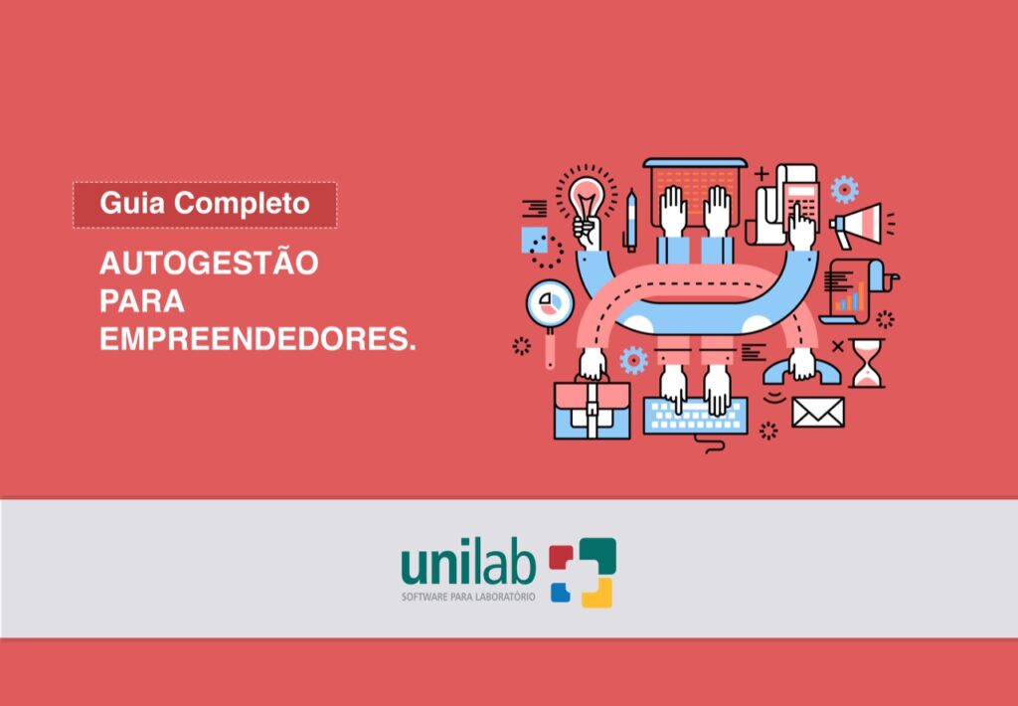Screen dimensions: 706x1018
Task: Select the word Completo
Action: tap(243, 205)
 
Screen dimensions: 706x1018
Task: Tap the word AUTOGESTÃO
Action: tap(209, 264)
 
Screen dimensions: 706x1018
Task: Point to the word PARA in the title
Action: tap(142, 301)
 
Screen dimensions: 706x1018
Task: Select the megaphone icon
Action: tap(857, 223)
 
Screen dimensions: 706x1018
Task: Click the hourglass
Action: tap(867, 362)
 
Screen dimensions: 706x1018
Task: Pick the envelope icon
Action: tap(817, 412)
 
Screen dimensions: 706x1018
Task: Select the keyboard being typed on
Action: tap(695, 416)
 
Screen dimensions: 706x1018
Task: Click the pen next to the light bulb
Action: tap(630, 220)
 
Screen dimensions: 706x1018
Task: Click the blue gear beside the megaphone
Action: tap(844, 188)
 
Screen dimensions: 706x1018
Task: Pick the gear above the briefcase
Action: tap(632, 359)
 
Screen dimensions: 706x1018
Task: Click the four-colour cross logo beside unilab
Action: tap(583, 572)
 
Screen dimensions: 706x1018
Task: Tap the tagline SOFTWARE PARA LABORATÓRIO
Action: tap(467, 597)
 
